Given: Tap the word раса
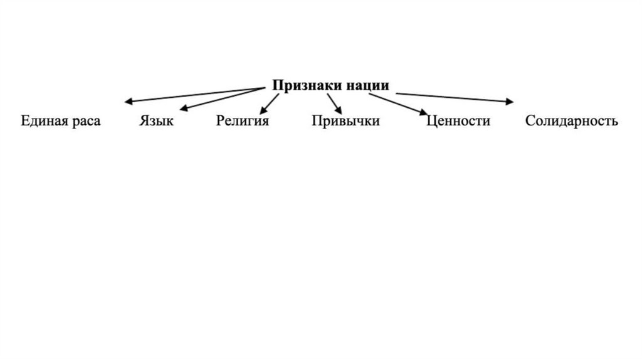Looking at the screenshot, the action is pos(86,120).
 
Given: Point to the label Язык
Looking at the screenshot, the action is pos(156,120).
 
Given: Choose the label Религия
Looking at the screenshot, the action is pos(243,120).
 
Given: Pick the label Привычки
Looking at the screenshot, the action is pos(345,120).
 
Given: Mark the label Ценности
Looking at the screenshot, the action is pos(458,120).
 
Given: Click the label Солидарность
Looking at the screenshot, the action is pos(572,120).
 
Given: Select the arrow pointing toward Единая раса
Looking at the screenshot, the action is pos(194,94).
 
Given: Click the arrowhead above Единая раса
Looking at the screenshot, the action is pos(127,101).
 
